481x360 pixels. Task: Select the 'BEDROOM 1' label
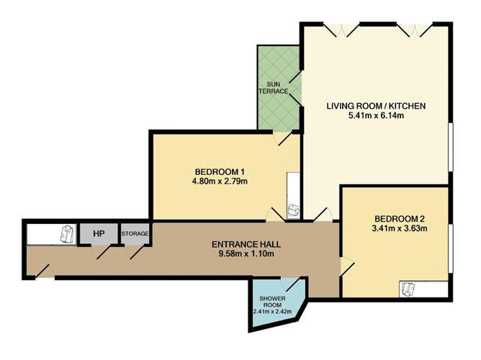coord(220,171)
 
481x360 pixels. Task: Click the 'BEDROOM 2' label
coord(397,219)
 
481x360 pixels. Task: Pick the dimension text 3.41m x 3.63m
coord(397,230)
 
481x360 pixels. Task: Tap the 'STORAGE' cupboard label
coord(135,234)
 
